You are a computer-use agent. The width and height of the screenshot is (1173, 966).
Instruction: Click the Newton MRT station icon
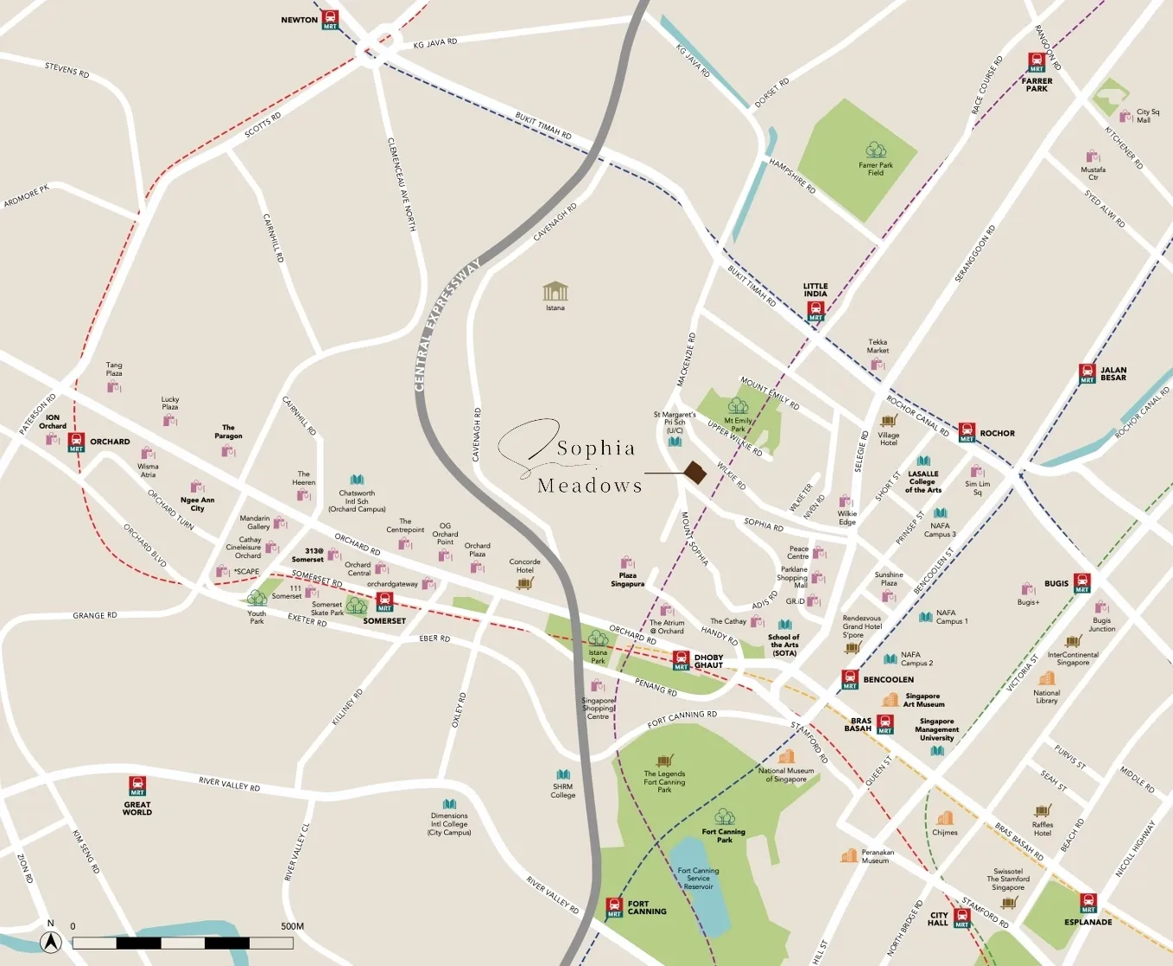(330, 20)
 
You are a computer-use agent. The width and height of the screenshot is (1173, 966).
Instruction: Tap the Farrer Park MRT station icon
(1037, 63)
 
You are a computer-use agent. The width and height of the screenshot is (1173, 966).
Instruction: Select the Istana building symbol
(555, 291)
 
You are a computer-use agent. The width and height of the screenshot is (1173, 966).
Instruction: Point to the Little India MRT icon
(815, 312)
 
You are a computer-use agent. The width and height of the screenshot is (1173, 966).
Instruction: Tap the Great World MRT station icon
(137, 786)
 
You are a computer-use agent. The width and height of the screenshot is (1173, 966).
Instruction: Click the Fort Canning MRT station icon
(614, 908)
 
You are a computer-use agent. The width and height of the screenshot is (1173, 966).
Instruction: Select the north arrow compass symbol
(51, 943)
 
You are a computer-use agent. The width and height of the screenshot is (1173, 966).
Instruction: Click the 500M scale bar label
(292, 926)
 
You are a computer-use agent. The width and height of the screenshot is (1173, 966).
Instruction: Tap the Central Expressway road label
(447, 327)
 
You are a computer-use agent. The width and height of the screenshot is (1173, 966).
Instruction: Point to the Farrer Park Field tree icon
(876, 150)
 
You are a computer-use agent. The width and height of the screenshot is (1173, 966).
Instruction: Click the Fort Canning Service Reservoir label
(698, 879)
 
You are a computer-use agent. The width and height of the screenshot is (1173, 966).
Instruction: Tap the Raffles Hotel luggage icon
(1043, 810)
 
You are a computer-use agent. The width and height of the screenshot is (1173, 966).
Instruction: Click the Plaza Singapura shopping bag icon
(628, 562)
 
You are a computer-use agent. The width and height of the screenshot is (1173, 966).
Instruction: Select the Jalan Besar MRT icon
(1087, 374)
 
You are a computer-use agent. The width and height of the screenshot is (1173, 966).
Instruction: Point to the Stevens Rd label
(67, 70)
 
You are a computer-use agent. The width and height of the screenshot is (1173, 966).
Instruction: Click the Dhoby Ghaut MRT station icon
(682, 661)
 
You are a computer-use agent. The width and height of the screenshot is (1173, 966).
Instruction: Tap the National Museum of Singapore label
(785, 775)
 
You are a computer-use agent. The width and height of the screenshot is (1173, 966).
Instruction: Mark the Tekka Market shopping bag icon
(878, 365)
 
